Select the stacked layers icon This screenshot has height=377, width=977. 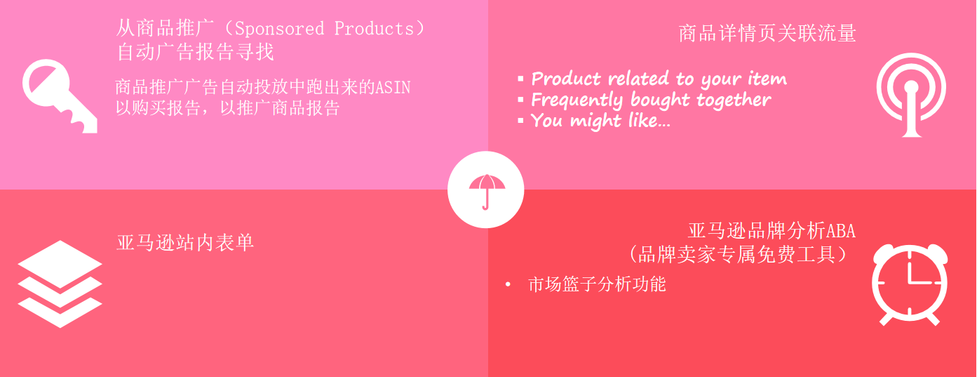pyautogui.click(x=60, y=284)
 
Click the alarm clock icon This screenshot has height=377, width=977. pyautogui.click(x=910, y=284)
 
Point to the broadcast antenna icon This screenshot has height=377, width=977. pyautogui.click(x=911, y=94)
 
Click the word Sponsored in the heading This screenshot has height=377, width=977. pyautogui.click(x=279, y=29)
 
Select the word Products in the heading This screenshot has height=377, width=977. pyautogui.click(x=374, y=29)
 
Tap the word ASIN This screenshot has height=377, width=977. pyautogui.click(x=393, y=87)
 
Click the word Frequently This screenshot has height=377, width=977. pyautogui.click(x=577, y=100)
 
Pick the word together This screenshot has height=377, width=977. pyautogui.click(x=734, y=100)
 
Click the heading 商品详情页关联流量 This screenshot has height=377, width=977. pyautogui.click(x=767, y=34)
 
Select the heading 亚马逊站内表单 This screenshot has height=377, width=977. pyautogui.click(x=185, y=243)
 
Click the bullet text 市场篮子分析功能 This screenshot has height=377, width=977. pyautogui.click(x=597, y=284)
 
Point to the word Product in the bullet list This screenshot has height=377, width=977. pyautogui.click(x=566, y=79)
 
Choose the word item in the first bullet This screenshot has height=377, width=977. pyautogui.click(x=767, y=79)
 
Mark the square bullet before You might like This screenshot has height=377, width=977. pyautogui.click(x=520, y=121)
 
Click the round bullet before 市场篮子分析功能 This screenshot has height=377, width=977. pyautogui.click(x=508, y=284)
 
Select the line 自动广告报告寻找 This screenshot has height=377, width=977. pyautogui.click(x=195, y=52)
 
